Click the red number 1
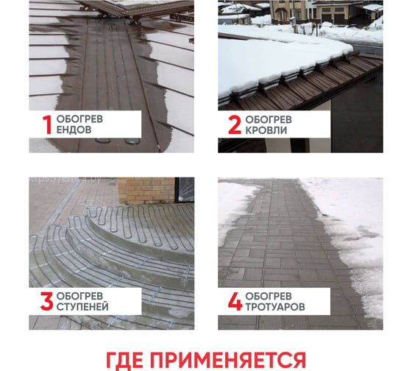point(48,125)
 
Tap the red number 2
point(235,125)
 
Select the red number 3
point(47,301)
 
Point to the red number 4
point(235,302)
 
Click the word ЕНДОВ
point(74,130)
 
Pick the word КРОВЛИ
point(266,130)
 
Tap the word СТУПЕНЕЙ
point(82,307)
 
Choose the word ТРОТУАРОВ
point(275,307)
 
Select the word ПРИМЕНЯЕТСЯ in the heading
point(228,360)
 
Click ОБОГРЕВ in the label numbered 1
point(79,119)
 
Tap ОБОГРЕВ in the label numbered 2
point(269,120)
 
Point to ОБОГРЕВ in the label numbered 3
point(79,296)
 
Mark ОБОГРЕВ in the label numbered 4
point(269,296)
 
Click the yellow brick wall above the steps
point(146,190)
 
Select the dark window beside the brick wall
point(185,190)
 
